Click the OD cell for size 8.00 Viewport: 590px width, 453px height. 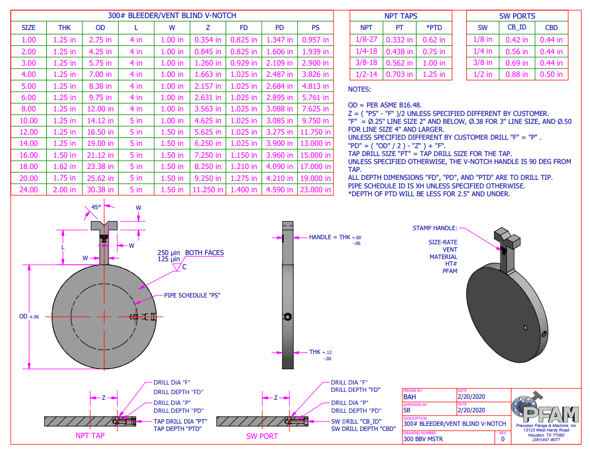click(100, 109)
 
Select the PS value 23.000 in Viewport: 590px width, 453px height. click(315, 189)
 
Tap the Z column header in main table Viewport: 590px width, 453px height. click(208, 28)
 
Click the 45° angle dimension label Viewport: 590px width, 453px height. click(96, 207)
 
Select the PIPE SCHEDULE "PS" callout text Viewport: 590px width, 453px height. click(192, 295)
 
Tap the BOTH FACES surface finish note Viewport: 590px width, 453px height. click(205, 253)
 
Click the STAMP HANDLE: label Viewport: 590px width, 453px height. click(435, 228)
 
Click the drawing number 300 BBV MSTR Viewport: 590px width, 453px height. click(423, 439)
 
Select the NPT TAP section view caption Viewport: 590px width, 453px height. click(90, 435)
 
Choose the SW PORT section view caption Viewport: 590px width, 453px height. click(262, 436)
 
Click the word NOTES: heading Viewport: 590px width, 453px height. click(359, 89)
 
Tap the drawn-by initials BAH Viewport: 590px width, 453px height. click(410, 396)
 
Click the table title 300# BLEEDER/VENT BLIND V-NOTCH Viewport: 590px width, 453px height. click(172, 15)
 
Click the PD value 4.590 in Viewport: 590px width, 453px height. click(280, 189)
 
